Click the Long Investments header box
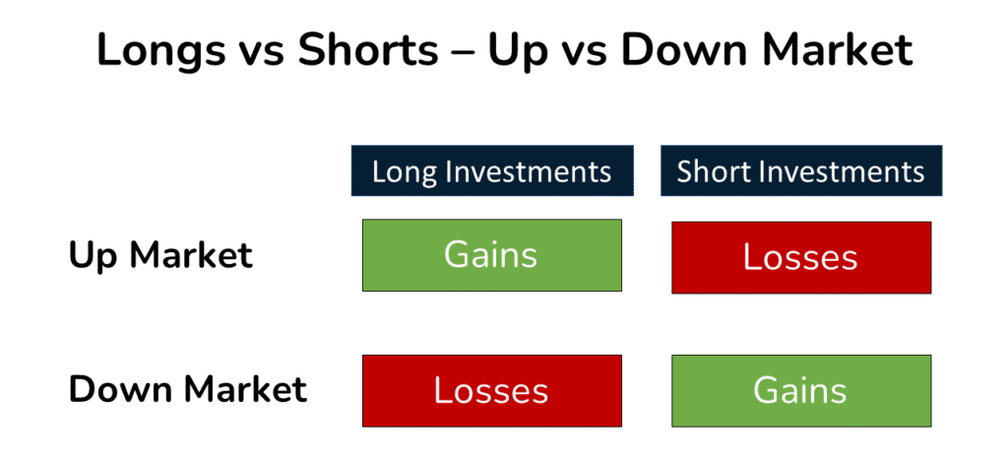pyautogui.click(x=491, y=171)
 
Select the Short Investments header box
pyautogui.click(x=800, y=171)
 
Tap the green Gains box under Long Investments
pyautogui.click(x=491, y=255)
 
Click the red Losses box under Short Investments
pyautogui.click(x=800, y=257)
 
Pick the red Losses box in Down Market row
pyautogui.click(x=491, y=390)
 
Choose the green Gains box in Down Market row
pyautogui.click(x=800, y=390)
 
